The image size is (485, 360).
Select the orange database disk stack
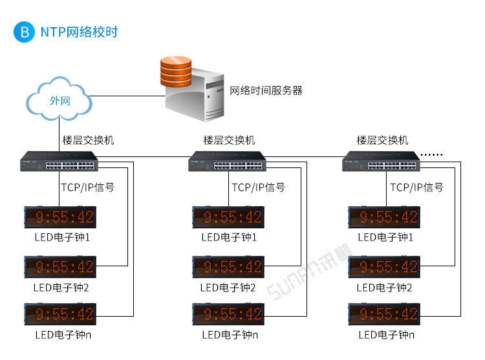[175, 71]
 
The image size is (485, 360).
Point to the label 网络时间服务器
[266, 90]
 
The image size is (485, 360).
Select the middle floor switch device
[229, 161]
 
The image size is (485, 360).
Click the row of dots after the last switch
[432, 154]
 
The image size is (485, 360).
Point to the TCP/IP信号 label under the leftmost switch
[87, 187]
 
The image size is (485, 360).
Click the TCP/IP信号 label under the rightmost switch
[417, 187]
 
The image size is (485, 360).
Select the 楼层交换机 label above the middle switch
[229, 140]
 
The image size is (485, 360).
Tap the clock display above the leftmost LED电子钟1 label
[59, 217]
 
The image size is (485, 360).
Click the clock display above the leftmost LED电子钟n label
[59, 315]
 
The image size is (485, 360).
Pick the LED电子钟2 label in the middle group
[228, 287]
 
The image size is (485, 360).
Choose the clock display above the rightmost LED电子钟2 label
[384, 266]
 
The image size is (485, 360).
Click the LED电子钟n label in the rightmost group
[386, 335]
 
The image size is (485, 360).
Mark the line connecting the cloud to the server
[126, 96]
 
